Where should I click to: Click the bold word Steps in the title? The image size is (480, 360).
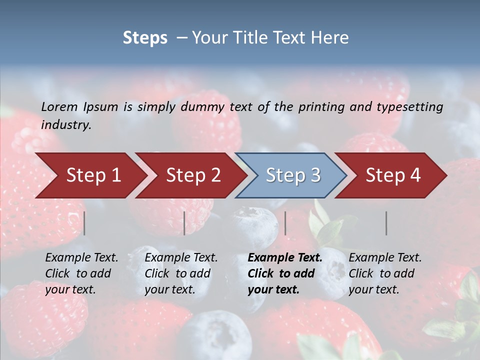(x=145, y=38)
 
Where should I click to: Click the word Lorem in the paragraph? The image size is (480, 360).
(x=59, y=106)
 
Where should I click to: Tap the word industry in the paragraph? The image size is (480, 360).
(x=65, y=125)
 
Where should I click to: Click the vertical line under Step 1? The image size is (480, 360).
(x=84, y=223)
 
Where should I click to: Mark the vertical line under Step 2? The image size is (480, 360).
(x=184, y=223)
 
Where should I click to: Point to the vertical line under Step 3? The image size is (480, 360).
(x=285, y=223)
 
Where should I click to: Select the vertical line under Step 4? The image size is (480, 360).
(x=386, y=223)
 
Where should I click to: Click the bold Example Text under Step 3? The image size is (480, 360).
(x=285, y=258)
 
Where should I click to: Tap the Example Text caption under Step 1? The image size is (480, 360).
(x=81, y=258)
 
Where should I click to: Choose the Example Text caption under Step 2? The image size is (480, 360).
(x=181, y=258)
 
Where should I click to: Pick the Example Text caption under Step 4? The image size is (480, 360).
(x=385, y=258)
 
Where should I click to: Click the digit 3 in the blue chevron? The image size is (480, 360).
(x=315, y=175)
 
